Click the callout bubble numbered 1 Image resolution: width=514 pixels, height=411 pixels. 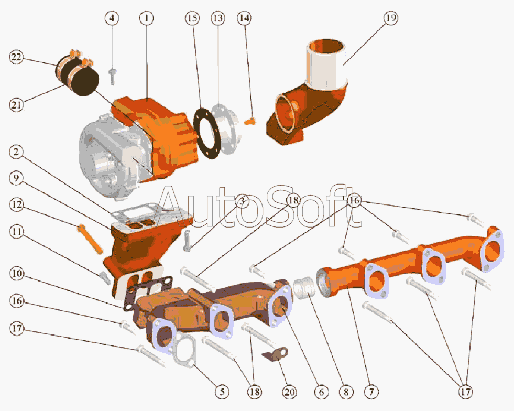coord(146,18)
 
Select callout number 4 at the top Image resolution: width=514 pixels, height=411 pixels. coord(112,18)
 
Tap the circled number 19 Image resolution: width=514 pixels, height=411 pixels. coord(390,18)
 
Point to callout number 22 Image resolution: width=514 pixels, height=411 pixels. coord(16,57)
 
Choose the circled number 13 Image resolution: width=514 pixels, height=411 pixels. coord(217,18)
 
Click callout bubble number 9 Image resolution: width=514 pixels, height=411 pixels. coord(16,178)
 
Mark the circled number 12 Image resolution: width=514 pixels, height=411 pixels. coord(16,204)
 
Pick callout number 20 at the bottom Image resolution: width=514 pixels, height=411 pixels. coord(289,392)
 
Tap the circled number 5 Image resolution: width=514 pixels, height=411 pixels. coord(222,392)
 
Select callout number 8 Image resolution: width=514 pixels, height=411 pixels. coord(346,392)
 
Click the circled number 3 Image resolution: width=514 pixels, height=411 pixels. coord(242,201)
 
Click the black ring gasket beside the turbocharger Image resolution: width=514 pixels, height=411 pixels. coord(206,133)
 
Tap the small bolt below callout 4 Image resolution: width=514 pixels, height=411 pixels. coord(113,77)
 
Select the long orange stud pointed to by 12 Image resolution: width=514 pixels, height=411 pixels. coord(91,239)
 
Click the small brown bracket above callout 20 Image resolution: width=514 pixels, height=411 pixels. coord(276,354)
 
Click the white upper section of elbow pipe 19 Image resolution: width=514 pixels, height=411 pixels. coord(326,66)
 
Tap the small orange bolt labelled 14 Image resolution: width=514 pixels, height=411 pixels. coord(250,122)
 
